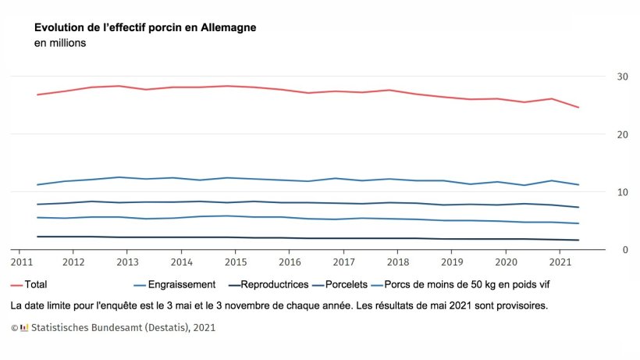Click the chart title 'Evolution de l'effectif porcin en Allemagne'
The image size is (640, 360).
[145, 27]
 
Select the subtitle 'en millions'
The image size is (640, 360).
[60, 44]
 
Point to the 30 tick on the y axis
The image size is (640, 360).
[622, 77]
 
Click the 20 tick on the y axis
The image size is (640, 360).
[622, 134]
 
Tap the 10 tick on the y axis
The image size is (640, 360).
[622, 192]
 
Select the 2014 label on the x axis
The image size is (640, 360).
[181, 262]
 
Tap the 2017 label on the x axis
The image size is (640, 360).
[343, 262]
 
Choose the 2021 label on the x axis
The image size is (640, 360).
[560, 262]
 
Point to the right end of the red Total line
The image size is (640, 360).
[578, 108]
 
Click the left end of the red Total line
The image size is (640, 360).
[37, 94]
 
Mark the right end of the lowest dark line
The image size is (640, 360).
[578, 241]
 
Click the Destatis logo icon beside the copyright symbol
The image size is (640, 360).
[24, 328]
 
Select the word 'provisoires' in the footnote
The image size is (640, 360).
[520, 305]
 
